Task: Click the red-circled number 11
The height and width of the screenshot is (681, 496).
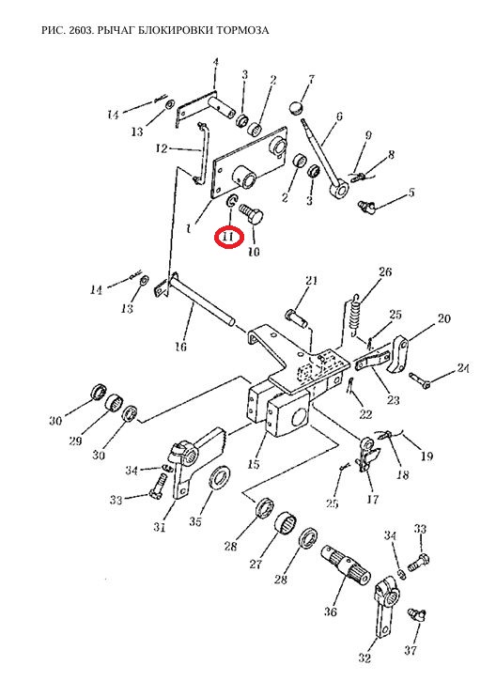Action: pos(228,237)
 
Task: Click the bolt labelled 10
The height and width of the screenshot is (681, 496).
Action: pos(252,213)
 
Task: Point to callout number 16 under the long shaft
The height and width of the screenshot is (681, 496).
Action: pos(180,347)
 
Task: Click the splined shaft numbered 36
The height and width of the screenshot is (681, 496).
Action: pos(346,565)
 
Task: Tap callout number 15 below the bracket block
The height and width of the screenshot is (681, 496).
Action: pos(254,464)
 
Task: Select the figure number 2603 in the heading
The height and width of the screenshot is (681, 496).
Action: pos(80,30)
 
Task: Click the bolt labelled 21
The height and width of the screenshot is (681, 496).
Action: pos(297,317)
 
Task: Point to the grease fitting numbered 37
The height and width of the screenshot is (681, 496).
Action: pos(416,616)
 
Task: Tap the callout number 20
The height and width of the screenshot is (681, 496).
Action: pos(443,318)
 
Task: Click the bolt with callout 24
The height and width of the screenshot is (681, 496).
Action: pos(419,379)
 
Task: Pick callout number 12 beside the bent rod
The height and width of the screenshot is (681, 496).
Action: pos(162,149)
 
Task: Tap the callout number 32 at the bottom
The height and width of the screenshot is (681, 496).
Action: pos(364,658)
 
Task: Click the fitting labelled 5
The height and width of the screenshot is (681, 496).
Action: pos(365,207)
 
